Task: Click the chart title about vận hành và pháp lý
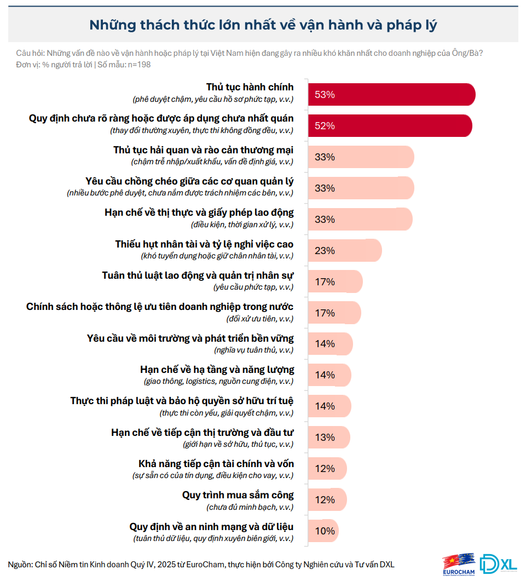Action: point(263,25)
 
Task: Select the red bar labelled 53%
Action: point(391,94)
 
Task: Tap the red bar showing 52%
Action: point(390,125)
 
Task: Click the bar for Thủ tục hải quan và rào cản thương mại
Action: point(361,157)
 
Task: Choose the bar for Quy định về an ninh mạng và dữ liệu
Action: point(323,531)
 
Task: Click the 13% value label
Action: point(325,437)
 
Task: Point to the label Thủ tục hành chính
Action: point(250,87)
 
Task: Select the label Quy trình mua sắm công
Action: point(238,495)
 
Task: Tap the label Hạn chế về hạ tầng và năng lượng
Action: point(217,370)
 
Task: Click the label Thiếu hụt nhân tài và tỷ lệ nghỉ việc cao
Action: point(204,244)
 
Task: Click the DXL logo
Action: point(498,564)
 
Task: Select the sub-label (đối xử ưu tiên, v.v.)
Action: point(259,319)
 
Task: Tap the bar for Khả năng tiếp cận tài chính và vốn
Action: point(327,468)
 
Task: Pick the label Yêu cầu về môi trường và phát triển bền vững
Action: point(190,338)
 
